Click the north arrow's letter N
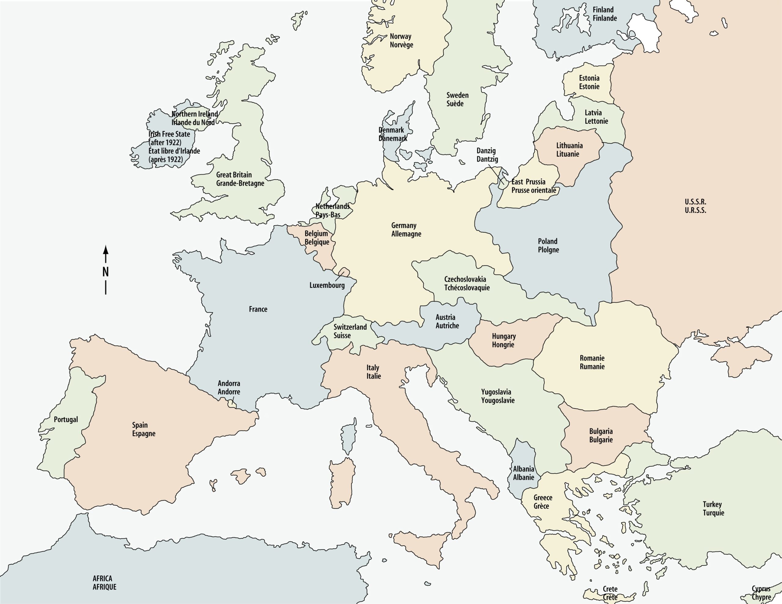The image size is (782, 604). pos(105,272)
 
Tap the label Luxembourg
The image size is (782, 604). pos(327,285)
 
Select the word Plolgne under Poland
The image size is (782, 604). pos(548,250)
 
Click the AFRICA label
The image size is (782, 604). pos(102,578)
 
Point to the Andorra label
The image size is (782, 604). pos(229,384)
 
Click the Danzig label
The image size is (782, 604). pos(486,151)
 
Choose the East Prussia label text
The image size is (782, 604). pos(528,182)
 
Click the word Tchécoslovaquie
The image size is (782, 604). pos(467,288)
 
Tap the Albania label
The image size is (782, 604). pos(523,469)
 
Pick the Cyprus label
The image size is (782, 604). pos(761,589)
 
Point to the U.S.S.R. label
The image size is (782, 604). pos(695,202)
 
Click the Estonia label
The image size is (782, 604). pos(589,78)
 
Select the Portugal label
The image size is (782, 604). pos(66,420)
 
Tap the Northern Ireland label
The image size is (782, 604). pos(194,114)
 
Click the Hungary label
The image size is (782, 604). pos(503,336)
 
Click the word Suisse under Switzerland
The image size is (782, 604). pos(342,336)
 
